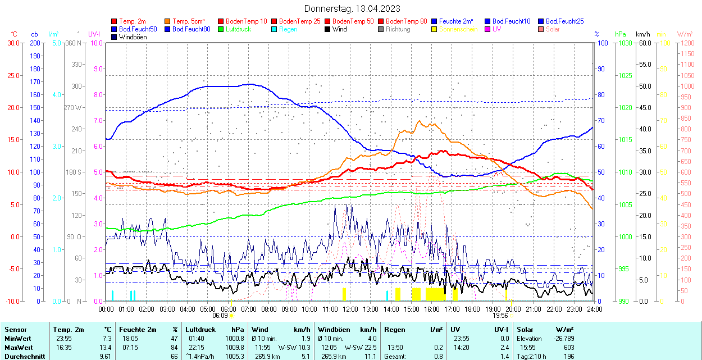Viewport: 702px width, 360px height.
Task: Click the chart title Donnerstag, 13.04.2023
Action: click(x=352, y=8)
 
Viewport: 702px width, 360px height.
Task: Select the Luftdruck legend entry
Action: click(x=238, y=29)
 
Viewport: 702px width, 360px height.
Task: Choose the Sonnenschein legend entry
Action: click(x=458, y=29)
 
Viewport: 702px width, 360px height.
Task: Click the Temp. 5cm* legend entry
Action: click(x=188, y=21)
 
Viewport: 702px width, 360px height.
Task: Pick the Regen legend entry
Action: click(x=288, y=29)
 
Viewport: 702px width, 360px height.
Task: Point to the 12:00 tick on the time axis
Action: click(x=350, y=308)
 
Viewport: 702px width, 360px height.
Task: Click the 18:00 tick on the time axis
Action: click(x=472, y=308)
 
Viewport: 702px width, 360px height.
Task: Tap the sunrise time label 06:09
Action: click(x=220, y=316)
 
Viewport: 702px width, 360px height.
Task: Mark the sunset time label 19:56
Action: click(x=501, y=316)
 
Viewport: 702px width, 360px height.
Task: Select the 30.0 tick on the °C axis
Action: click(x=13, y=43)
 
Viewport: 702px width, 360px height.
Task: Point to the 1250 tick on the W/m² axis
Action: click(x=686, y=43)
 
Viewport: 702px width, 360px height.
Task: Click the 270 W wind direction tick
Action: click(x=74, y=107)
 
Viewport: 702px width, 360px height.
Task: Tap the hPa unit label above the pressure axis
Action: click(x=620, y=34)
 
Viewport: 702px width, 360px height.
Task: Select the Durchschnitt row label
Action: click(x=22, y=356)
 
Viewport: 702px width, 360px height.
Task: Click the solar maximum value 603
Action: click(x=568, y=348)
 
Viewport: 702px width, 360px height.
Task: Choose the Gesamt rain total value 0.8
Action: click(x=438, y=356)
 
